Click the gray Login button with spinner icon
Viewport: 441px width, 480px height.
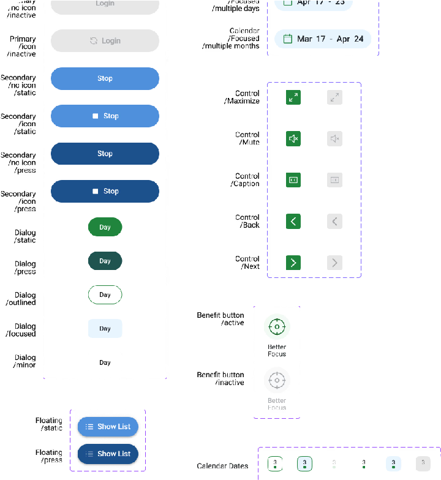pos(105,41)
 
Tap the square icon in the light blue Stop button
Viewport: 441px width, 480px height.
pos(96,116)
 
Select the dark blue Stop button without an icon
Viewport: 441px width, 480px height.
pos(105,154)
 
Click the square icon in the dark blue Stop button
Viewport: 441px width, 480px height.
pos(96,191)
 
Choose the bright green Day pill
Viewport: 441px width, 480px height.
pos(105,227)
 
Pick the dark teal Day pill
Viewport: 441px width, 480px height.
pos(105,261)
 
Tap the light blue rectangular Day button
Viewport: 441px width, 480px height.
pos(105,329)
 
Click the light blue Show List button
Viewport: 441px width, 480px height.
pos(108,427)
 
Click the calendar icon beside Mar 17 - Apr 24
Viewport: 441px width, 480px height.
pos(286,39)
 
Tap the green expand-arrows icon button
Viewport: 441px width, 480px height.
pos(293,97)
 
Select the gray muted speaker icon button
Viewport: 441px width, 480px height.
pos(334,139)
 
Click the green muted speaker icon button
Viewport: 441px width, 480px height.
pos(293,139)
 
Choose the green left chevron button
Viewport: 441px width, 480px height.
pos(293,221)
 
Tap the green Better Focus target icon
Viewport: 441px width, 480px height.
pos(277,327)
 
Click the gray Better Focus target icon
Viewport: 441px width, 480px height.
pos(277,380)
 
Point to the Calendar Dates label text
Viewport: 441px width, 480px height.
pos(222,466)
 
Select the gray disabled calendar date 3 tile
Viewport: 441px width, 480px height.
pos(423,463)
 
